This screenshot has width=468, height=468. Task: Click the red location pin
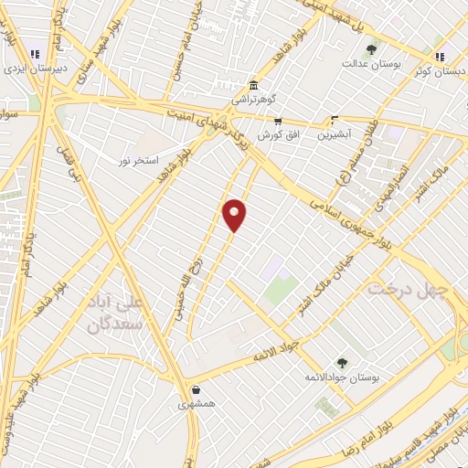click(x=236, y=214)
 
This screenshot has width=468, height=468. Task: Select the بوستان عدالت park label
click(x=367, y=64)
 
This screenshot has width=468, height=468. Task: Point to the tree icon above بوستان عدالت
click(x=370, y=50)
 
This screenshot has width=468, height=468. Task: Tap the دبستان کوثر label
click(x=437, y=69)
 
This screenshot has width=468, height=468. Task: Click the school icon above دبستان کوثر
click(x=440, y=54)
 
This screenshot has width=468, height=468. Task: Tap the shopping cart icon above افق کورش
click(x=278, y=121)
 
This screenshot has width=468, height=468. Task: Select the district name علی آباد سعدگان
click(x=116, y=314)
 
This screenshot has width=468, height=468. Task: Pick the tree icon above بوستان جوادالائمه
click(x=342, y=363)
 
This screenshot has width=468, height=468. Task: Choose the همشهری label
click(x=197, y=402)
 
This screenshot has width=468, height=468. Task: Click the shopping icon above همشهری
click(x=197, y=388)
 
